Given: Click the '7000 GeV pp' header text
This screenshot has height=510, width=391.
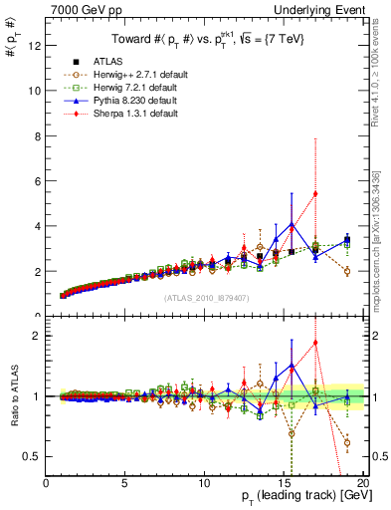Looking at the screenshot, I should click(80, 9).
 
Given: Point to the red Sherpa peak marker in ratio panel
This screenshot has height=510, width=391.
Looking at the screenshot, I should click(315, 343).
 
